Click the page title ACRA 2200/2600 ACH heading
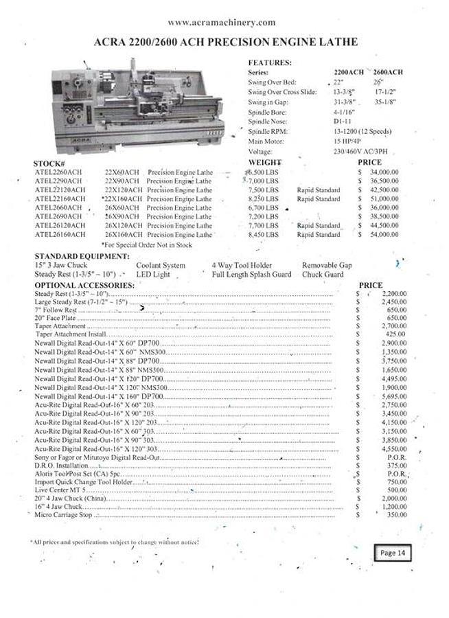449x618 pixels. (224, 42)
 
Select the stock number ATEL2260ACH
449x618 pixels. (58, 172)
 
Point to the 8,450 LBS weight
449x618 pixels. (263, 234)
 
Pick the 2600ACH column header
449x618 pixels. (388, 72)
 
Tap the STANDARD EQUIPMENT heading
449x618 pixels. (81, 256)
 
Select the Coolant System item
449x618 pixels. (161, 265)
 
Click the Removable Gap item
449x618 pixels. (327, 265)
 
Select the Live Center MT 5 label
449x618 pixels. (61, 490)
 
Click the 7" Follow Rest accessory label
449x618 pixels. (56, 310)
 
